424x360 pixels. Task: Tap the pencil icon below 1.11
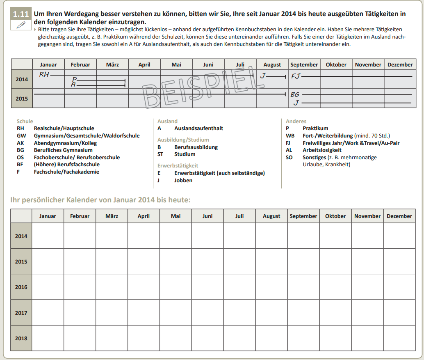click(21, 25)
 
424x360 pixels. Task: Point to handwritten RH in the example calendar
click(44, 74)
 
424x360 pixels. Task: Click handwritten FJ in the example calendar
click(296, 76)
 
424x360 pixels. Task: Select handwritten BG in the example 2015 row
click(295, 94)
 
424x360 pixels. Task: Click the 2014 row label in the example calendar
click(22, 79)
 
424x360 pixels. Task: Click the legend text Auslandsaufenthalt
click(198, 128)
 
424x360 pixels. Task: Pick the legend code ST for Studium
click(161, 154)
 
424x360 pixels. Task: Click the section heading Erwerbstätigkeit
click(178, 165)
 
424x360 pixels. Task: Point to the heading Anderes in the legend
click(296, 121)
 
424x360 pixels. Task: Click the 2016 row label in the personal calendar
click(21, 287)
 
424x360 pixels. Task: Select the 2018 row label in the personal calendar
click(21, 338)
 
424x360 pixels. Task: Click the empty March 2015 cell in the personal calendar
click(112, 261)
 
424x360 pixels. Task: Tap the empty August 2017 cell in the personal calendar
click(271, 313)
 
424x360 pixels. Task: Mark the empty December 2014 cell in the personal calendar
click(399, 236)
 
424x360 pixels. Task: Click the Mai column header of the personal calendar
click(176, 216)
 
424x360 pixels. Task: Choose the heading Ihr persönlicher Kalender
click(100, 200)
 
